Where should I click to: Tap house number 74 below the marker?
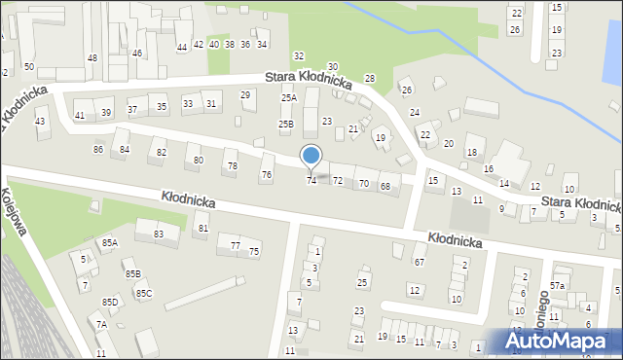[311, 181]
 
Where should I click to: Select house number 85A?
[108, 242]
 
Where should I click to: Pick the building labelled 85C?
[143, 293]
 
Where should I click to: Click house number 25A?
[289, 98]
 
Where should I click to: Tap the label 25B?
[286, 124]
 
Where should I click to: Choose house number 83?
[159, 234]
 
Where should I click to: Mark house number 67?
[420, 262]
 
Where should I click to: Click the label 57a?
[557, 285]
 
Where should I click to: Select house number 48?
[92, 58]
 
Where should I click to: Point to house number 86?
[98, 149]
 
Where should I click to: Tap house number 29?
[246, 94]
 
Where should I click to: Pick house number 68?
[385, 186]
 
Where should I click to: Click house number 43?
[40, 122]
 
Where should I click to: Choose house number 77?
[236, 246]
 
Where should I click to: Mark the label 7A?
[101, 324]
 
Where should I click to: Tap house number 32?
[299, 55]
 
